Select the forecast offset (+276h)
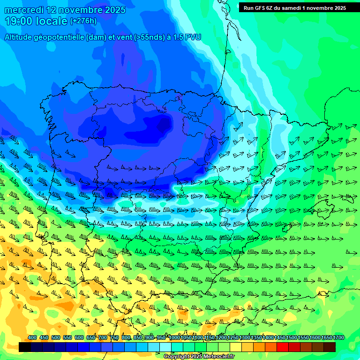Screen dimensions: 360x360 (x=83, y=21)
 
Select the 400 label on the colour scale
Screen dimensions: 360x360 (x=32, y=338)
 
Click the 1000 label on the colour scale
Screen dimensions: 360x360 (x=174, y=338)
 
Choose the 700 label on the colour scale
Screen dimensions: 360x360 (x=102, y=338)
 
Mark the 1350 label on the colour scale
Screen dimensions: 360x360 (x=256, y=338)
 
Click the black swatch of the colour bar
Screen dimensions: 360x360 (x=25, y=347)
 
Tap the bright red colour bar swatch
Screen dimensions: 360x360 (x=283, y=347)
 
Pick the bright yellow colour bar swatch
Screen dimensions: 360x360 (x=236, y=347)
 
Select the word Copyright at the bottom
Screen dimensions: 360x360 (x=177, y=357)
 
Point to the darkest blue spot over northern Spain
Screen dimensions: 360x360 (x=164, y=124)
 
